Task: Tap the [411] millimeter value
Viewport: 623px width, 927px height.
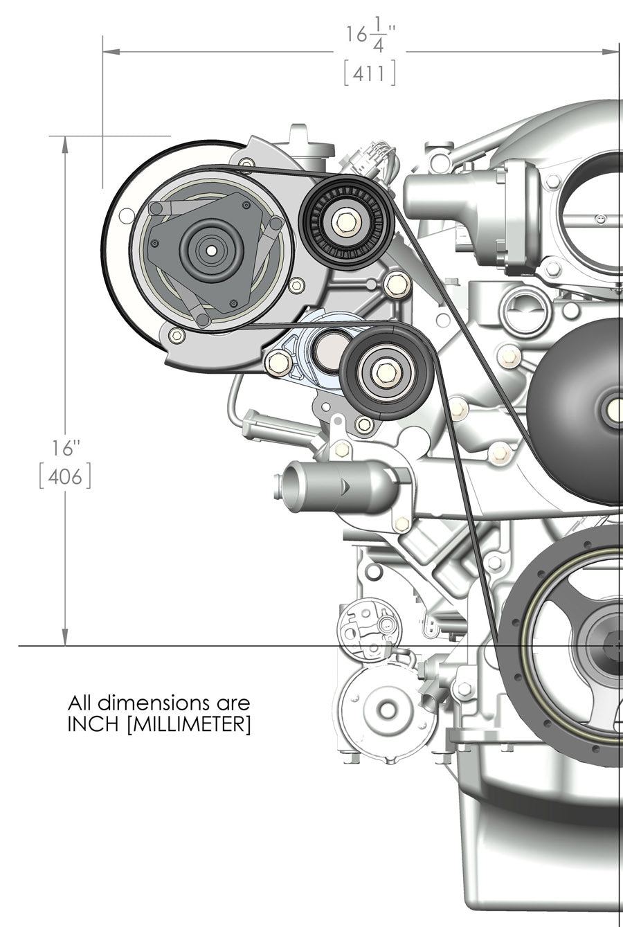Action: [x=370, y=73]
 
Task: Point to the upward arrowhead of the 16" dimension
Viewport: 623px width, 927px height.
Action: [x=66, y=143]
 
